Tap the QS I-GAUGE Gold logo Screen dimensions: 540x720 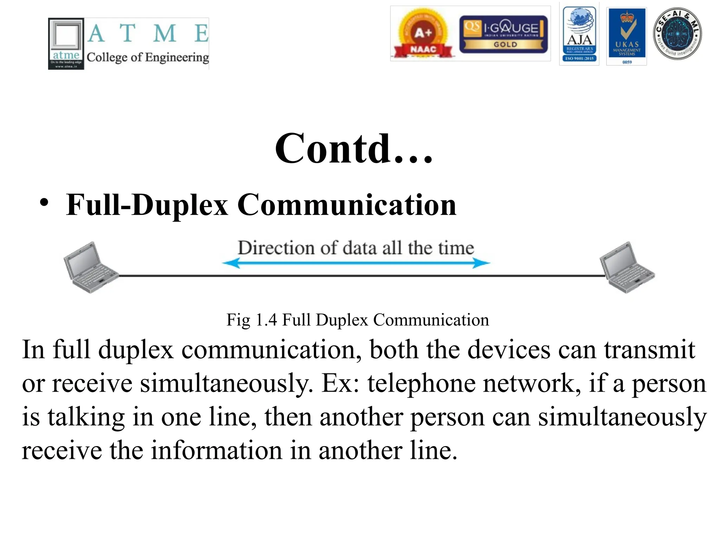coord(503,34)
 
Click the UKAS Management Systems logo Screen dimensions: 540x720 coord(627,36)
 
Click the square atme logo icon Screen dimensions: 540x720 coord(66,44)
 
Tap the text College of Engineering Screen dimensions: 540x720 coord(148,57)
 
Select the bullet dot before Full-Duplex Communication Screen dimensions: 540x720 coord(44,203)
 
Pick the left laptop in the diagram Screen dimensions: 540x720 coord(90,268)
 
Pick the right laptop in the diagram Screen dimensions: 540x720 coord(626,268)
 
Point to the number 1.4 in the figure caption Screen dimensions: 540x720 coord(266,320)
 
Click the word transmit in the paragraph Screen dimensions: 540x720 coord(649,350)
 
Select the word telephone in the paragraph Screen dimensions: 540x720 coord(421,383)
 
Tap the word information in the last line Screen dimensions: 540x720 coord(217,450)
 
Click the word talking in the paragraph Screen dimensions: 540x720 coord(86,417)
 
